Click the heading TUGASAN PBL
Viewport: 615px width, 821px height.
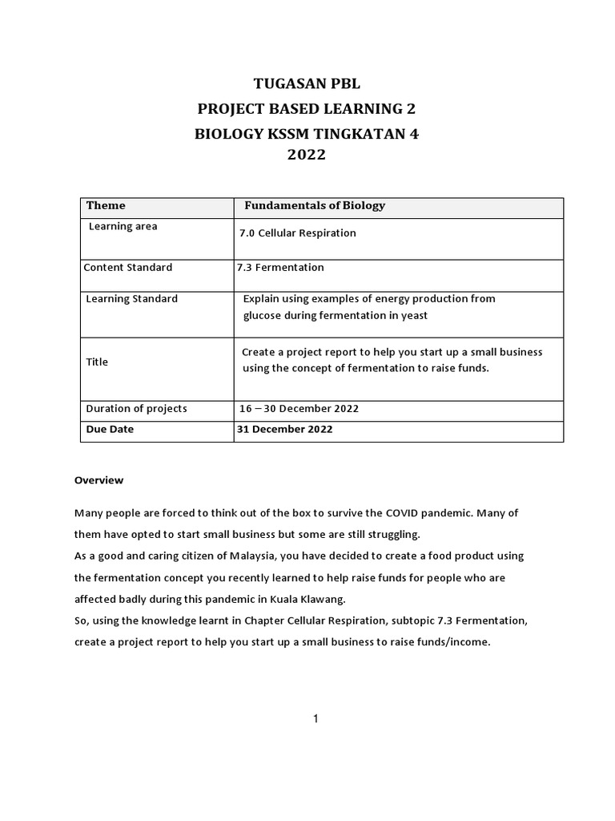(x=307, y=83)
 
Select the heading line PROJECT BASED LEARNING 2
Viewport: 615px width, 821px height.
(x=307, y=109)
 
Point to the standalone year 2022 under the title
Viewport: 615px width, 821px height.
(x=307, y=156)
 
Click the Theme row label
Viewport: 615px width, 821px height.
(x=106, y=205)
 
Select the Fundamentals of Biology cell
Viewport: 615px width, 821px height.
(x=314, y=205)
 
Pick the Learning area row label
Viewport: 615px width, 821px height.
(x=123, y=226)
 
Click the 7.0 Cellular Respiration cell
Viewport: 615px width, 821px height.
(x=297, y=233)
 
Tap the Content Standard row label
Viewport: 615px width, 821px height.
(x=128, y=267)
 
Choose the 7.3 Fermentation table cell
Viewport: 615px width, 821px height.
(x=280, y=267)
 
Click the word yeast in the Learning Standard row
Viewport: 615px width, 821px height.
(x=413, y=315)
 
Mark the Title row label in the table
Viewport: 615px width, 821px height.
(x=97, y=362)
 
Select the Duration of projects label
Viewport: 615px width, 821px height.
(x=136, y=408)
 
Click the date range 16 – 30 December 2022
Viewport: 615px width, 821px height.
(x=299, y=409)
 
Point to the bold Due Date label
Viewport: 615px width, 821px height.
(x=110, y=429)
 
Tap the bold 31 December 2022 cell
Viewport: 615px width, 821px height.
(x=284, y=429)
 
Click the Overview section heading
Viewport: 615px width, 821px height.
(x=98, y=480)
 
